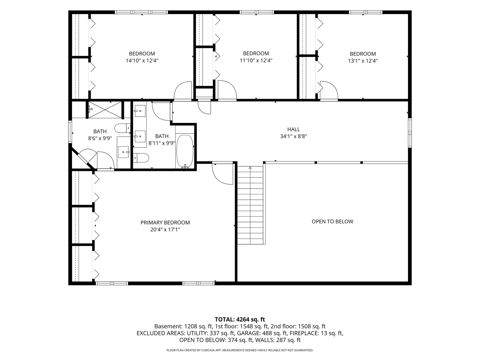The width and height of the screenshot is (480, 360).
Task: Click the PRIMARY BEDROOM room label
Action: coord(165,223)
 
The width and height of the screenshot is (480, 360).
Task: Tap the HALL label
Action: coord(293,129)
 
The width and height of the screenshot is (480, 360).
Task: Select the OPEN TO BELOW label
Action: coord(332,221)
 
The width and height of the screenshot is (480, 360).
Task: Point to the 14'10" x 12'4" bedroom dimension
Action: coord(142,61)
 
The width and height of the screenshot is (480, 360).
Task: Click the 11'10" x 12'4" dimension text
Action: coord(256,60)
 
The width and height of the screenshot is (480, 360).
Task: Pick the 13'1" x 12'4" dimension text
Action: coord(363,61)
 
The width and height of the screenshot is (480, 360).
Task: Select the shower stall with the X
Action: coord(105,110)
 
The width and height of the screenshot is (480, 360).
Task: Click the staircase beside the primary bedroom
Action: coord(250,205)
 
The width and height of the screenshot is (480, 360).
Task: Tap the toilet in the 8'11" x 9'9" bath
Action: coord(141,158)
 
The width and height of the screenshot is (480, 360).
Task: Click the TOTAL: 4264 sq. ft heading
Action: coord(240,320)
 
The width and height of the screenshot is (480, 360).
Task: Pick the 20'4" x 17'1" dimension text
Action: coord(165,230)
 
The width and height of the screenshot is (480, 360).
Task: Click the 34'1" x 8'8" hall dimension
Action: coord(293,136)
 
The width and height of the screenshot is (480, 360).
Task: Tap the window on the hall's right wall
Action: coord(410,133)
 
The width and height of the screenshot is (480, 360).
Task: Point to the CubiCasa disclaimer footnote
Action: coord(240,350)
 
